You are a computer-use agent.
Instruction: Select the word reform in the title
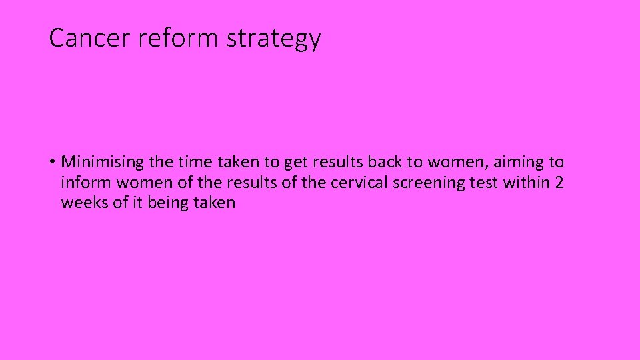point(179,38)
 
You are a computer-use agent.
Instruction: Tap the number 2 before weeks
point(559,182)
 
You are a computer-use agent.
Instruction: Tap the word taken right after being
point(215,202)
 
